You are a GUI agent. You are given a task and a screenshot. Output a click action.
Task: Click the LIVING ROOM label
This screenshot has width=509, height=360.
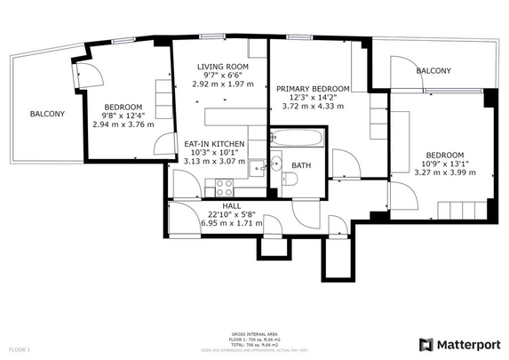(222, 67)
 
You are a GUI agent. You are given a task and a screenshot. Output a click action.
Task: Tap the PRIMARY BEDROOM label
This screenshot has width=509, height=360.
(313, 89)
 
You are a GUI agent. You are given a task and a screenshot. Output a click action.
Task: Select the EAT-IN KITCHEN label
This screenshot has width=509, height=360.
(214, 144)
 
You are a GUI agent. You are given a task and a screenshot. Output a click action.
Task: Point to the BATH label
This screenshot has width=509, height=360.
(301, 165)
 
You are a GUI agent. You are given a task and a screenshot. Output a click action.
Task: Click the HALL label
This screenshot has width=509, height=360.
(232, 205)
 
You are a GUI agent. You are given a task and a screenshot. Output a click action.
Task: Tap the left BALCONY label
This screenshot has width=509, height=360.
(47, 114)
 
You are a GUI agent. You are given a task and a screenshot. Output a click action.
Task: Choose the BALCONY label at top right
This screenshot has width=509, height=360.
(433, 71)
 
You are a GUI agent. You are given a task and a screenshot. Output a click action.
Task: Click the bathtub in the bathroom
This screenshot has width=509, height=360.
(296, 139)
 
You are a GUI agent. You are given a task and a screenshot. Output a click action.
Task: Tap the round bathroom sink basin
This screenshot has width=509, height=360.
(276, 164)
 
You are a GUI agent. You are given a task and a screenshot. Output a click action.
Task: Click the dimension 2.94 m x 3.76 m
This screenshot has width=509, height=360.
(123, 124)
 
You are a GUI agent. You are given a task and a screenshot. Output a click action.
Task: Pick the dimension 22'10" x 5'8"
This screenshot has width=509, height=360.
(232, 214)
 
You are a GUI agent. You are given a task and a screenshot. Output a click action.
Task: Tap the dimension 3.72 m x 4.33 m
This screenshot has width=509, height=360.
(313, 107)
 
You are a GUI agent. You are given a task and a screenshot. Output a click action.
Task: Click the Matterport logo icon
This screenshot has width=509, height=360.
(426, 344)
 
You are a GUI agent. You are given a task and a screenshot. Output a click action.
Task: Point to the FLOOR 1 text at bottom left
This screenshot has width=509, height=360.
(19, 350)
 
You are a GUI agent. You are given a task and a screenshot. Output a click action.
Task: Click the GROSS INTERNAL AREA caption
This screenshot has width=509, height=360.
(250, 335)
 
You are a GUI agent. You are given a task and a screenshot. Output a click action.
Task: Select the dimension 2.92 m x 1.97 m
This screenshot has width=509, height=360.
(222, 84)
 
